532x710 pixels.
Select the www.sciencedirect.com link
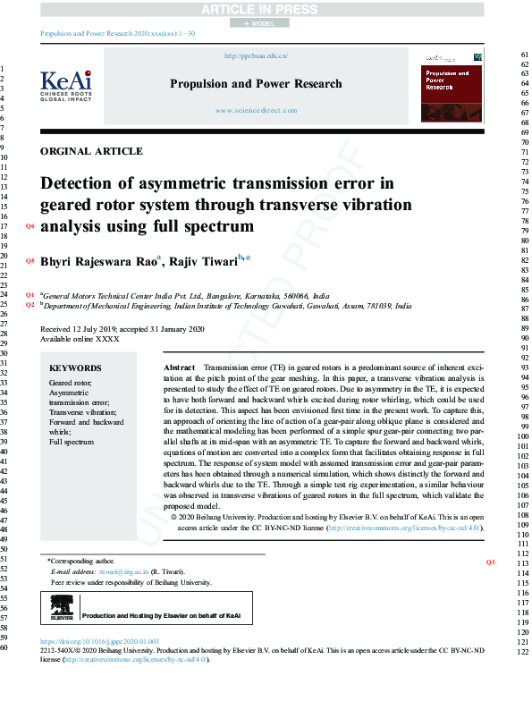(x=256, y=111)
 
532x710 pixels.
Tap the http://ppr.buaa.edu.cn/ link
(x=256, y=55)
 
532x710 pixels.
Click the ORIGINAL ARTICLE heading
(x=91, y=151)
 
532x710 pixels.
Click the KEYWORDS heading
(x=75, y=368)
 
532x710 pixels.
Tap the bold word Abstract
(x=180, y=368)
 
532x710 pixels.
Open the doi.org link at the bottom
(x=100, y=642)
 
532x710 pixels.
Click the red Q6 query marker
(x=30, y=226)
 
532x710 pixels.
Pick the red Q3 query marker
(x=490, y=562)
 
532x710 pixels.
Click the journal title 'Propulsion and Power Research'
(x=256, y=84)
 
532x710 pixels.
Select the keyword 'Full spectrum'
(x=72, y=442)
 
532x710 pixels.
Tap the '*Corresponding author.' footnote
(x=81, y=560)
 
